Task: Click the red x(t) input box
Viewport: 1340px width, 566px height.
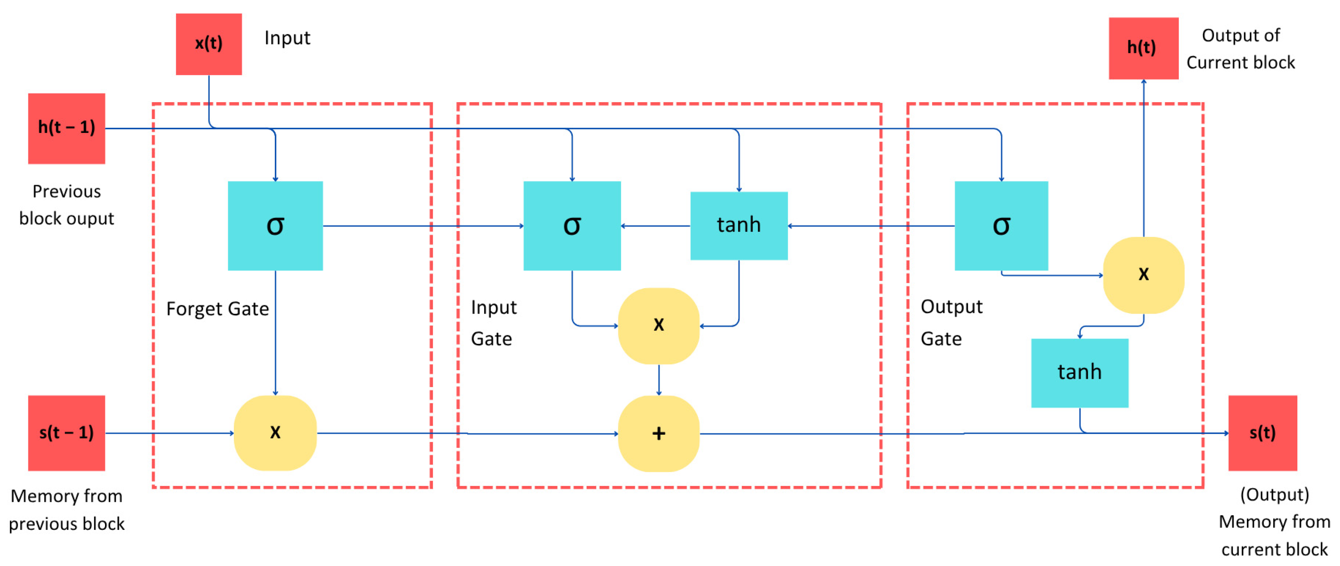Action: pos(208,44)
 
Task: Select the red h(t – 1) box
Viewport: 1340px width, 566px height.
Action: pos(66,128)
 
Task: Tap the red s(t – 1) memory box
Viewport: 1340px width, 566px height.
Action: pos(66,433)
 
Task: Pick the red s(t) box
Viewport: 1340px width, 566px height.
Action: pos(1262,433)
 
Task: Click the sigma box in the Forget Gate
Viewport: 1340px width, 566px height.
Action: pos(275,226)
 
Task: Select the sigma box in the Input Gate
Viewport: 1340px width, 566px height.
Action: pos(572,226)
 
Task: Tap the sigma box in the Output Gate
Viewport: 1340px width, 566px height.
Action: pos(1001,226)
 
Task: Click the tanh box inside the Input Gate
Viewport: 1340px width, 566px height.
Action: pos(739,226)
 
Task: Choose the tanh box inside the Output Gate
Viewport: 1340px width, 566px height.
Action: pos(1079,373)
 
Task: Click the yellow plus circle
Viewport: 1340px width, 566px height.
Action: pos(659,433)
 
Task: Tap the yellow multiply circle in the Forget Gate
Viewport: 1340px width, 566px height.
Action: pos(275,433)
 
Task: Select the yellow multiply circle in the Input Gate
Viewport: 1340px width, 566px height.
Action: pos(659,325)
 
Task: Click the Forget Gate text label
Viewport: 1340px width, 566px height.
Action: pos(217,309)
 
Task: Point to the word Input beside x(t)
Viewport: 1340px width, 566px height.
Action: pos(287,38)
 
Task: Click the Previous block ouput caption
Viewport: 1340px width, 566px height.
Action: pos(66,205)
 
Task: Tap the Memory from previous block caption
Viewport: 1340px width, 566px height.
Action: pos(66,510)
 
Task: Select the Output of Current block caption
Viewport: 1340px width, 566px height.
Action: pos(1240,49)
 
